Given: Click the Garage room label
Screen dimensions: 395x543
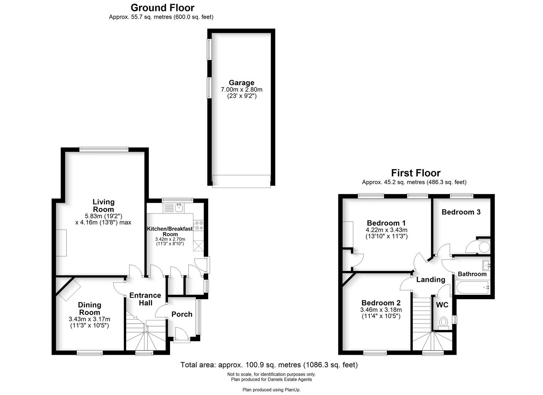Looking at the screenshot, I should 241,83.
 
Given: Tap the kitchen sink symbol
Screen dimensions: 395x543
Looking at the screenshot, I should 179,208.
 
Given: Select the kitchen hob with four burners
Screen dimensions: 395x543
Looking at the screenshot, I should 199,225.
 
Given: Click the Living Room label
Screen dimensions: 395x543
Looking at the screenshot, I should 103,206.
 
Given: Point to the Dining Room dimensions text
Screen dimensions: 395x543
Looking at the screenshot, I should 90,322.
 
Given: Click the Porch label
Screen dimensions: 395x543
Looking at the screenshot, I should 182,314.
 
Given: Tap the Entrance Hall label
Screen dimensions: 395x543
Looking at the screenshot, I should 145,299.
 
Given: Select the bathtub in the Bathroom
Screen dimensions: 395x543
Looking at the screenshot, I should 472,287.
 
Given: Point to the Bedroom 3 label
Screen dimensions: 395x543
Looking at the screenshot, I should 461,212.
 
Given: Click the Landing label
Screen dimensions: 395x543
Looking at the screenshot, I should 431,280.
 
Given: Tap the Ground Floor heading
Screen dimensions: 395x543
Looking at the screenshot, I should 162,8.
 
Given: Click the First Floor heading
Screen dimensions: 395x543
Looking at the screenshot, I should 416,173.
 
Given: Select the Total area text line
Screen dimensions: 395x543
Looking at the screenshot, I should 269,365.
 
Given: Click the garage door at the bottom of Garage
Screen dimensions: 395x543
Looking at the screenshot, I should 241,181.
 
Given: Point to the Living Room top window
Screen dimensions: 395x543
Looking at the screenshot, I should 104,148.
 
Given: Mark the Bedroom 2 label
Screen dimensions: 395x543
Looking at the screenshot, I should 381,303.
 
